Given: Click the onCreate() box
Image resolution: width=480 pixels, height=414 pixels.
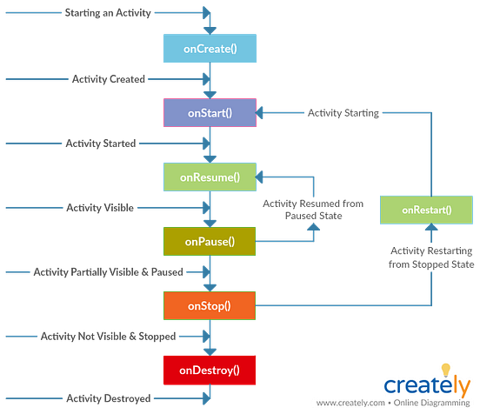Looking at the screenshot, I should pyautogui.click(x=210, y=50).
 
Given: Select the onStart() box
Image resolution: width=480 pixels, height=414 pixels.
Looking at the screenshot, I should pyautogui.click(x=210, y=113).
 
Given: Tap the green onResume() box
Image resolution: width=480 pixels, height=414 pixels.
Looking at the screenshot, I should pyautogui.click(x=210, y=177).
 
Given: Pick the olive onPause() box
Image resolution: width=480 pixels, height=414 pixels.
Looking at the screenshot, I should pyautogui.click(x=210, y=240).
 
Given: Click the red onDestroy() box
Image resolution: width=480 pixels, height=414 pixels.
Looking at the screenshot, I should pyautogui.click(x=210, y=370).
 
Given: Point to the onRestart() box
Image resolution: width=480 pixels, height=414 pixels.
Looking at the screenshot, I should pyautogui.click(x=427, y=210).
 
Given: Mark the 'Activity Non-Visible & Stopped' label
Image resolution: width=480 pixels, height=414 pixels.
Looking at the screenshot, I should pyautogui.click(x=109, y=336).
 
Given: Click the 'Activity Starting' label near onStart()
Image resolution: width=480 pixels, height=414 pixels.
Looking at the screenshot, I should pyautogui.click(x=343, y=113).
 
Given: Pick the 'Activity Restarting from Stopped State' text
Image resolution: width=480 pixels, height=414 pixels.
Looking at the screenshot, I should pyautogui.click(x=427, y=256).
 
